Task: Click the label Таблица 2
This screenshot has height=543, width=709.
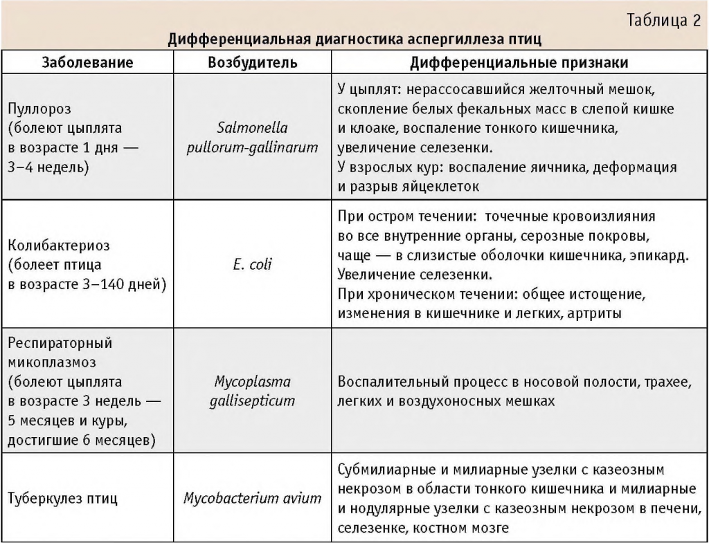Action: click(x=663, y=19)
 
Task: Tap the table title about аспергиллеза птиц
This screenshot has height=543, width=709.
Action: click(x=354, y=38)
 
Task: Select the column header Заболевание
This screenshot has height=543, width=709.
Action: click(x=88, y=63)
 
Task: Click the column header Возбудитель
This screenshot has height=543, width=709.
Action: click(x=253, y=63)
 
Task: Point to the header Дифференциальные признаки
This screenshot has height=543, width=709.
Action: click(x=519, y=63)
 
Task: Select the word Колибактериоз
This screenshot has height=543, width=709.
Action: click(x=59, y=246)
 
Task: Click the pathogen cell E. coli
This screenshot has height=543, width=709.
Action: click(x=253, y=264)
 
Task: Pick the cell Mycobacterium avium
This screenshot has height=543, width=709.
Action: click(x=253, y=499)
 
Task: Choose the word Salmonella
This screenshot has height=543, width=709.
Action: click(x=253, y=128)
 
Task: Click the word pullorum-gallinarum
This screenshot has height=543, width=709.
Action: click(x=253, y=147)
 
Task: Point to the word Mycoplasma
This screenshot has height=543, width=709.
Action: click(x=253, y=382)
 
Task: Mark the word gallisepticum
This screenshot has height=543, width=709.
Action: click(x=253, y=401)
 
